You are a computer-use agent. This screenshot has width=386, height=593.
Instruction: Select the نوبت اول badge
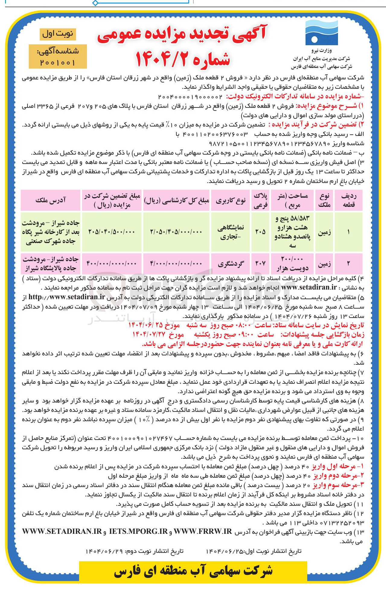tap(58, 34)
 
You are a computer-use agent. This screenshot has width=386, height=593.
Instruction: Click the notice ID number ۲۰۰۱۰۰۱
tap(57, 63)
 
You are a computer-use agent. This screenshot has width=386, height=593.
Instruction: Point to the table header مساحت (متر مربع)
tap(292, 200)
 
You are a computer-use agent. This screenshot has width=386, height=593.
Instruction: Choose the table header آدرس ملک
tap(50, 200)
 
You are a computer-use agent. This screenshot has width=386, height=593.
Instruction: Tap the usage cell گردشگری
tap(231, 264)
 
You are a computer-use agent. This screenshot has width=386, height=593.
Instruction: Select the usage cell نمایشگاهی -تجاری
tap(231, 232)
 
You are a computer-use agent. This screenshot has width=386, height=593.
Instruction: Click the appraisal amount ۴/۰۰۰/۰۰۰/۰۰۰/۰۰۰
tap(176, 264)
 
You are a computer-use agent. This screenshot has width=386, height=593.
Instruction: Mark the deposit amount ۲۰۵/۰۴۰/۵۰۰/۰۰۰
tap(111, 232)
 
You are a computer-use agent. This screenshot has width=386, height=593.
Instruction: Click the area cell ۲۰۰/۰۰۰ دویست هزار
tap(292, 264)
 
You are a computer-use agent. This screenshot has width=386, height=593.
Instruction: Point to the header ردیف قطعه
tap(349, 200)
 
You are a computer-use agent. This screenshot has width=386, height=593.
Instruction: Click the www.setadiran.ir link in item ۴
tap(309, 287)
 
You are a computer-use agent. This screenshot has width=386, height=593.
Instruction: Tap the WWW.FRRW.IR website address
tap(203, 532)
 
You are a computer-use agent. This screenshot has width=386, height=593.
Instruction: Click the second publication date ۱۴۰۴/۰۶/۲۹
tap(104, 551)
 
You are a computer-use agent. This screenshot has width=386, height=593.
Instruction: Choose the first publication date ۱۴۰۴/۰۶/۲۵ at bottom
tap(224, 551)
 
